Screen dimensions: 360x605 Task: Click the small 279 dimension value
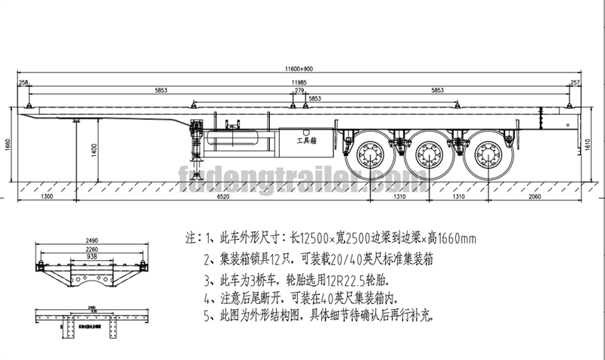point(299,91)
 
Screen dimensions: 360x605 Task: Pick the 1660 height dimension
point(8,144)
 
